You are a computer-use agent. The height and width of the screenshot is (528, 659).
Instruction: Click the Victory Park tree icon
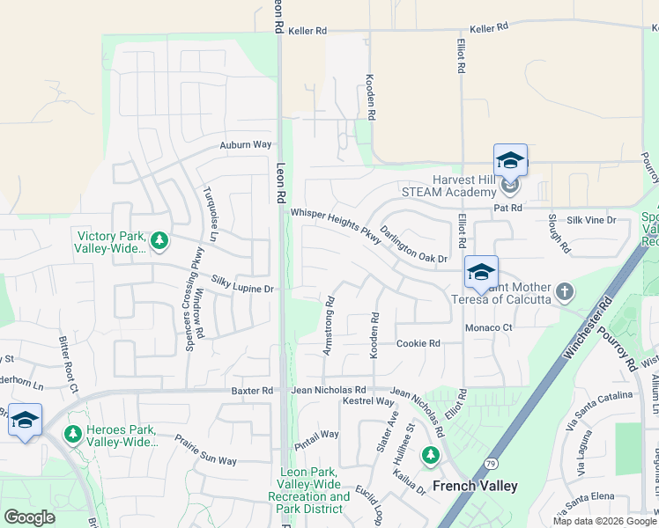coord(159,240)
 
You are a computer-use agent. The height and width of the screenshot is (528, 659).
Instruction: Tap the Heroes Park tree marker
coord(73,434)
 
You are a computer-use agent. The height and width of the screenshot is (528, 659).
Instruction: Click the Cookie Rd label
coord(418,343)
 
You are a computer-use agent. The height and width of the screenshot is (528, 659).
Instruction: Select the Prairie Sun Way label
coord(205,449)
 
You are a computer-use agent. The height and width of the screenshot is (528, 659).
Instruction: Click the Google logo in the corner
coord(29,517)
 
